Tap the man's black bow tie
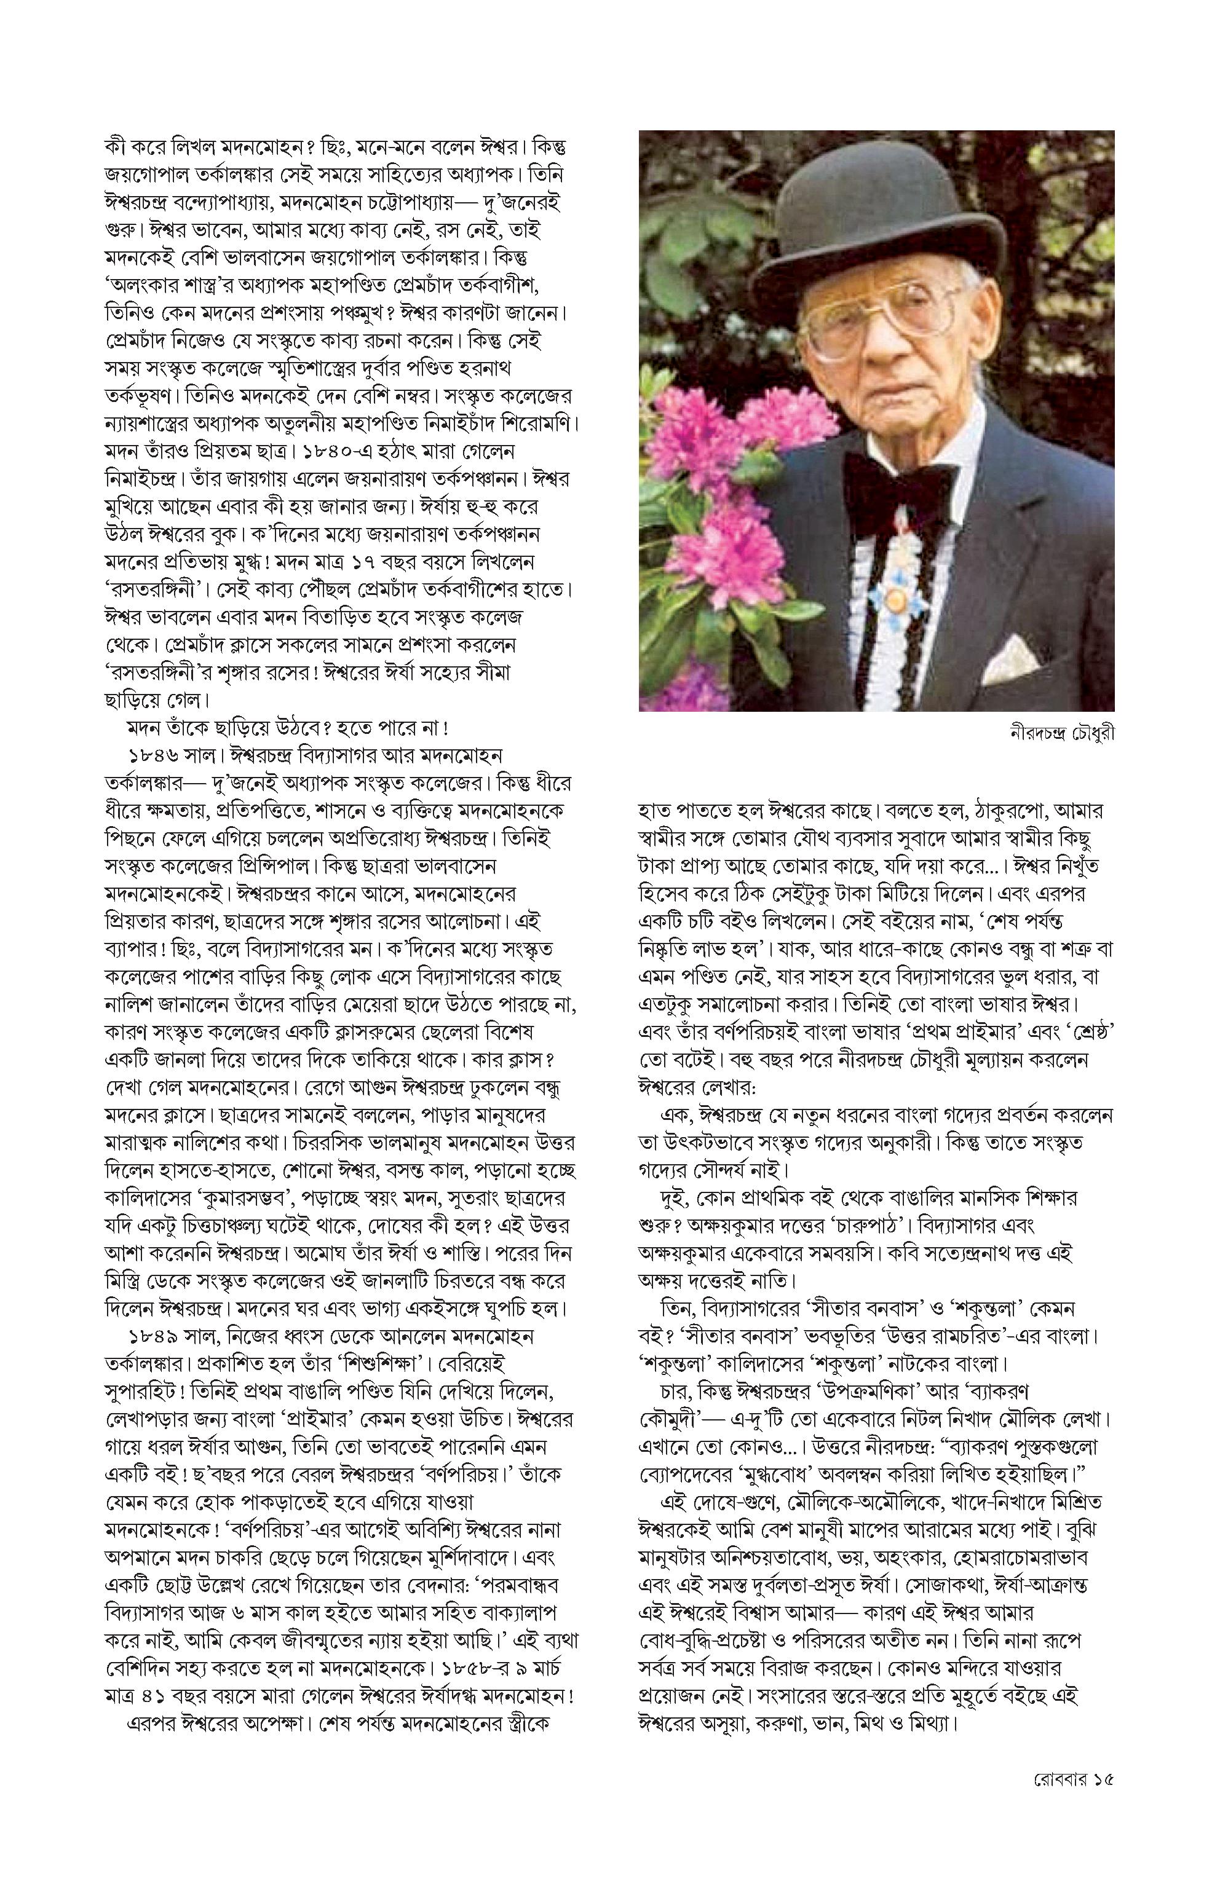898,484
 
